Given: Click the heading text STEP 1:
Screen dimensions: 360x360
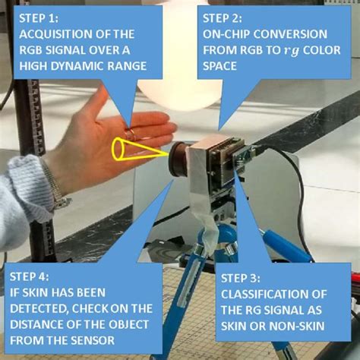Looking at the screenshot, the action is (39, 18).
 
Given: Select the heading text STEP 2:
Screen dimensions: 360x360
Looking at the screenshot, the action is (223, 18).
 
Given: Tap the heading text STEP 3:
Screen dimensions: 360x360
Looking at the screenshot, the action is (240, 278).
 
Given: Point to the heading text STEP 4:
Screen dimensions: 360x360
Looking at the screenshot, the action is (29, 276).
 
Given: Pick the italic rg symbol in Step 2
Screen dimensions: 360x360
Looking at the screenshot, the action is (291, 51).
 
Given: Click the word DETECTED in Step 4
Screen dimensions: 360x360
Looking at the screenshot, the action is (39, 308).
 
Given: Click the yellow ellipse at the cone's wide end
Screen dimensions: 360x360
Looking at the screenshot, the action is (118, 149).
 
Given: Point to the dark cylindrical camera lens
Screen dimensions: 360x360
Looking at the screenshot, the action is (178, 159).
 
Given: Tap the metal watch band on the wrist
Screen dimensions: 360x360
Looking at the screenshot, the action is (56, 183).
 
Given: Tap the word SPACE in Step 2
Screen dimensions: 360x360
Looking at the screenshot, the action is (219, 66).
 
